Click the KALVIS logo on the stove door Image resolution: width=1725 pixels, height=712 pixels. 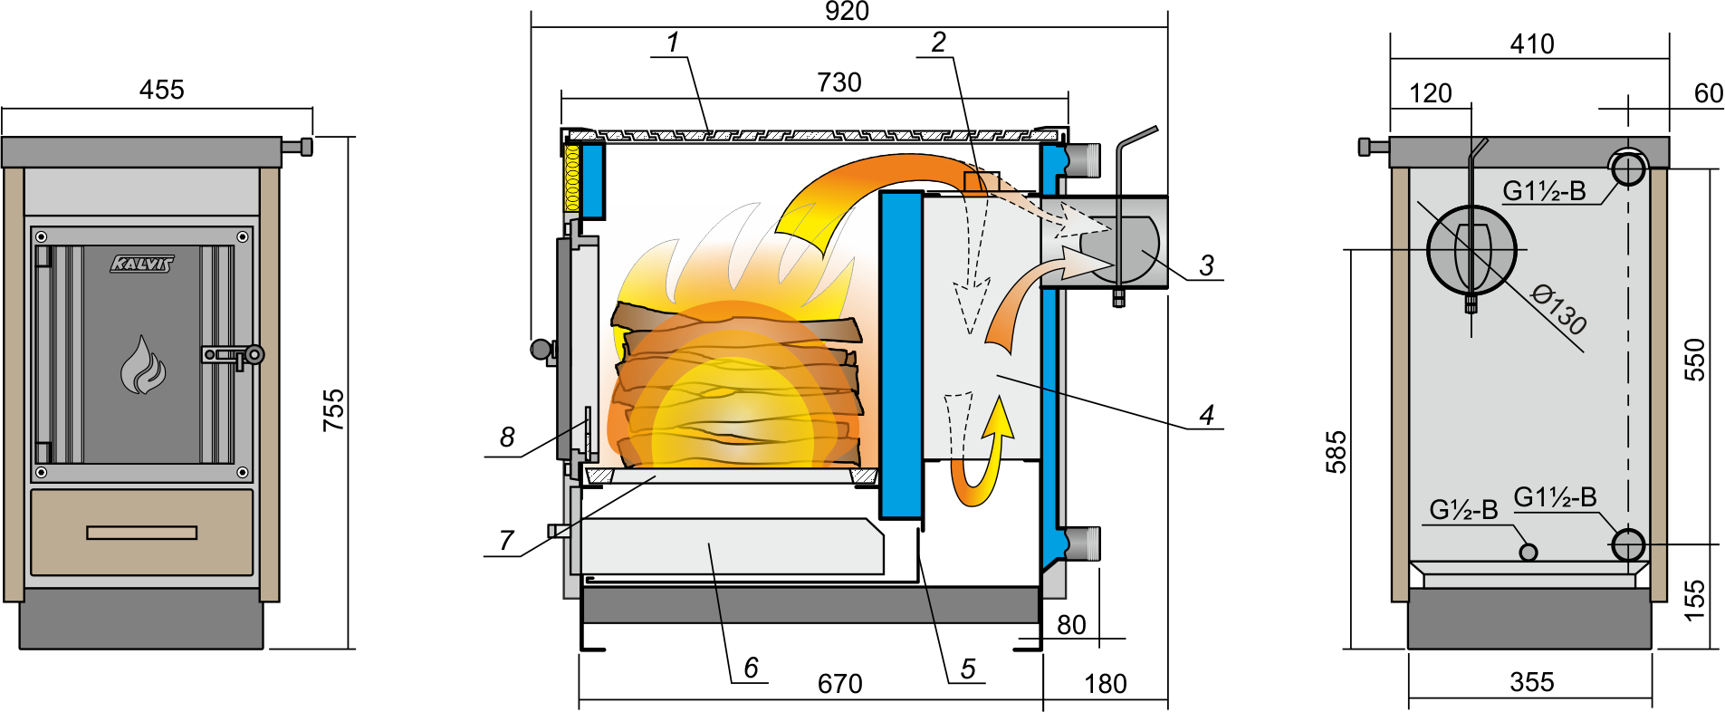click(x=141, y=264)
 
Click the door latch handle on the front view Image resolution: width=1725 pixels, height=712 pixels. click(x=233, y=355)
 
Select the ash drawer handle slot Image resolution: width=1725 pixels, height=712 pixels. click(x=142, y=533)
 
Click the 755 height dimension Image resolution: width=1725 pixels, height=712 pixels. click(x=334, y=409)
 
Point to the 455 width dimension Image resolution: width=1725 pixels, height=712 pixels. click(x=161, y=90)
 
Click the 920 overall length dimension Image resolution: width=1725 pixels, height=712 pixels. click(x=847, y=12)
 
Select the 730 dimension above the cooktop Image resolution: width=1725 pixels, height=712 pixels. click(x=839, y=82)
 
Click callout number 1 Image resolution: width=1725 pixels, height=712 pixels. click(x=673, y=43)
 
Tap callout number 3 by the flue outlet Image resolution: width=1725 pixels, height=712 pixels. click(x=1206, y=265)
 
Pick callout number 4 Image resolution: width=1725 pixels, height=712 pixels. click(x=1206, y=415)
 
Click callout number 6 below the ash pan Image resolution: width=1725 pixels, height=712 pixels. click(x=751, y=668)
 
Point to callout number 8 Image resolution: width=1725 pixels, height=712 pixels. click(x=507, y=438)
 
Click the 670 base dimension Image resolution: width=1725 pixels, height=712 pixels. click(x=839, y=684)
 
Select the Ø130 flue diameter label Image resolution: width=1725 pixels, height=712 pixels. click(x=1558, y=309)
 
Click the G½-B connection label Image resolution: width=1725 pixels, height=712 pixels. click(x=1463, y=510)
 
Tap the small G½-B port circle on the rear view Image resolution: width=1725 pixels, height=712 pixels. click(x=1529, y=552)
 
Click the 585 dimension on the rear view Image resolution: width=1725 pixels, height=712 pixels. click(x=1337, y=452)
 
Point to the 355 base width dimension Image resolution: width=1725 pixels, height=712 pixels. click(x=1531, y=682)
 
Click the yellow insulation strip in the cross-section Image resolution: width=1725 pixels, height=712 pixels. click(x=571, y=178)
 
